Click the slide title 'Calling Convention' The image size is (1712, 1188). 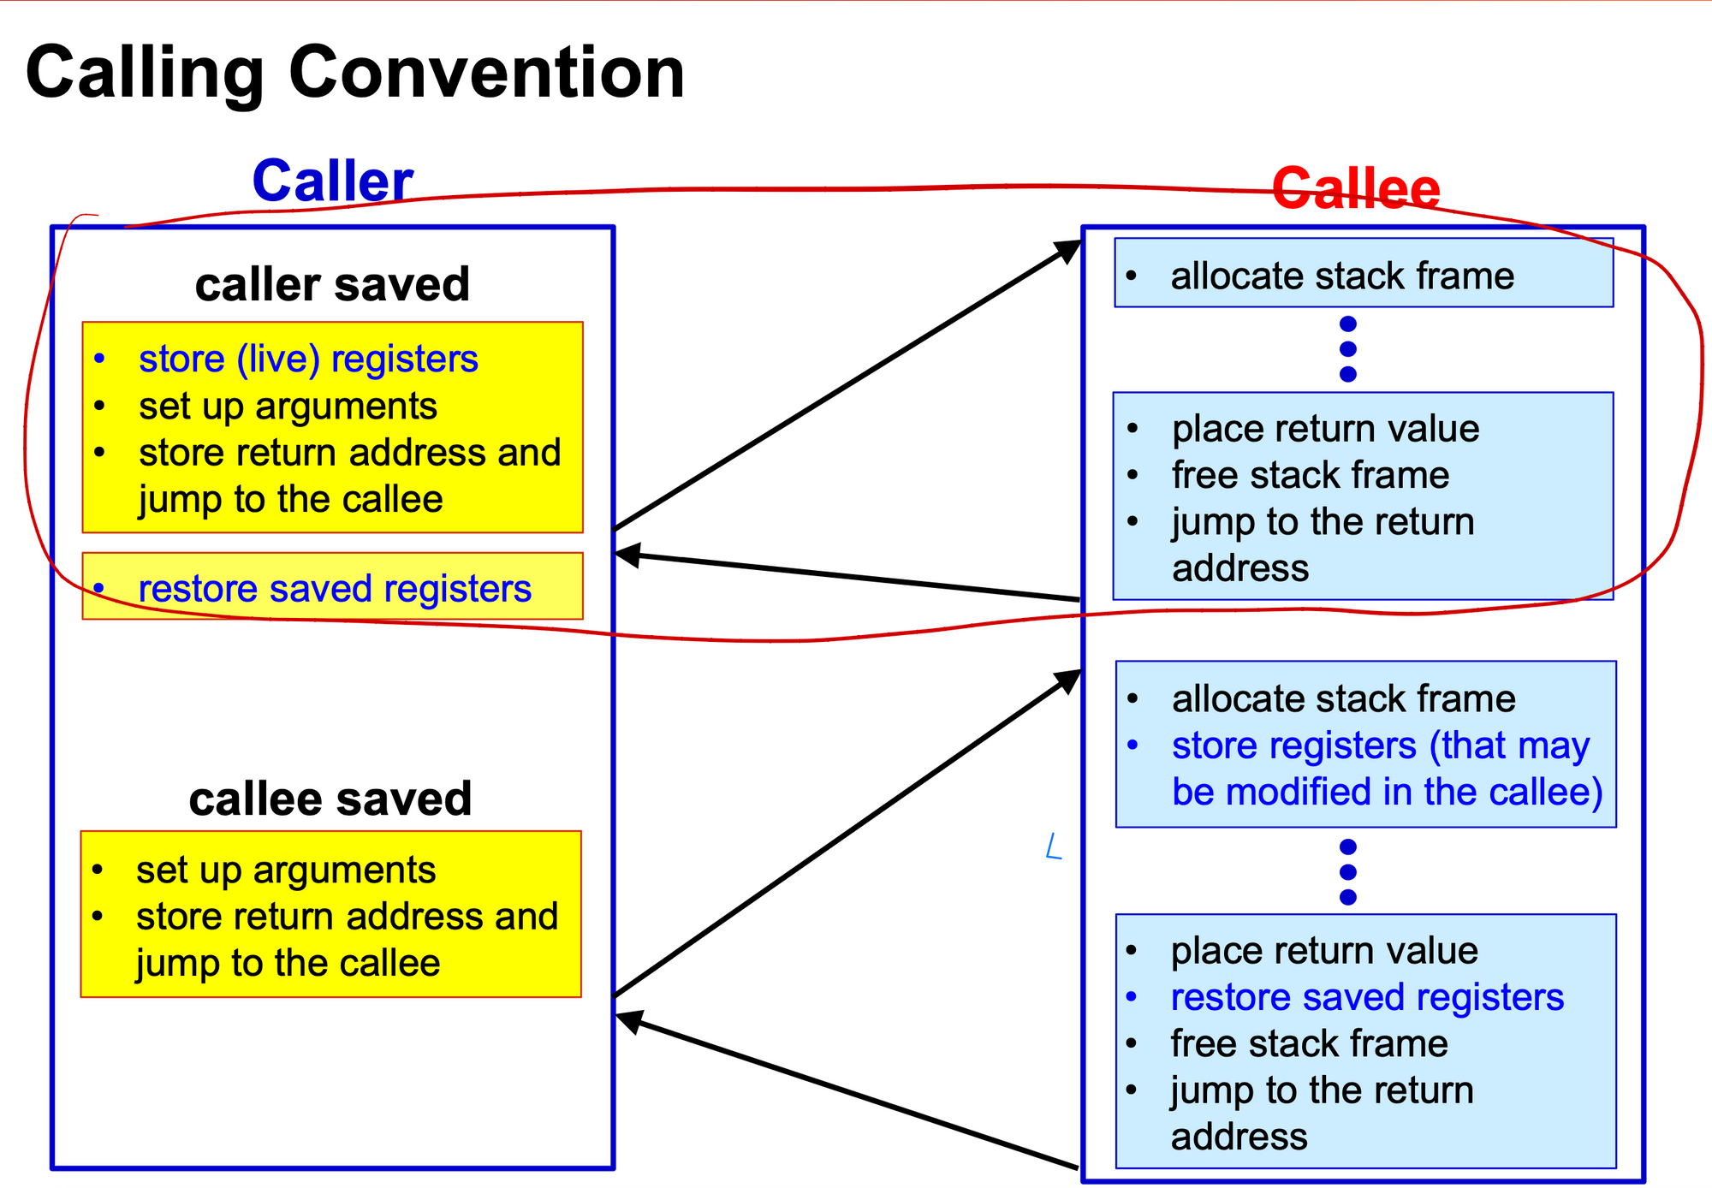[355, 74]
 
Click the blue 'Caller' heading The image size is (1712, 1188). [333, 181]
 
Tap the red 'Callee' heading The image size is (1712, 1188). [1356, 188]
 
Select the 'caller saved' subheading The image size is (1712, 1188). [332, 284]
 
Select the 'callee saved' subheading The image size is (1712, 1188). [330, 799]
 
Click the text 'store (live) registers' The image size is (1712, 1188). [308, 359]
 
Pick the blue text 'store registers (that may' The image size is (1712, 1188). [1380, 745]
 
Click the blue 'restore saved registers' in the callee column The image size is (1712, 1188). [1367, 997]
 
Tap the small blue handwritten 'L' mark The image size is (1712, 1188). [1054, 846]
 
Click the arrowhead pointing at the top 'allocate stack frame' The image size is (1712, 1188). [1068, 250]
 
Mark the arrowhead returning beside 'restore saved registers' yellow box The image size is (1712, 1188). [628, 555]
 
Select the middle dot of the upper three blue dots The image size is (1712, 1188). [1348, 349]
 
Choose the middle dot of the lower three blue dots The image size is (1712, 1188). [1348, 872]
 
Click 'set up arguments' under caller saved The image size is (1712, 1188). [288, 406]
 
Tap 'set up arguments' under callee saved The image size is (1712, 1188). [286, 870]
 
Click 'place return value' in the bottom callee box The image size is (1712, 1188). [1324, 951]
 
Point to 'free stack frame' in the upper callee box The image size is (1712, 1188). [1311, 475]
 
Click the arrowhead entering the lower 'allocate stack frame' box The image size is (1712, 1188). [1068, 680]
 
